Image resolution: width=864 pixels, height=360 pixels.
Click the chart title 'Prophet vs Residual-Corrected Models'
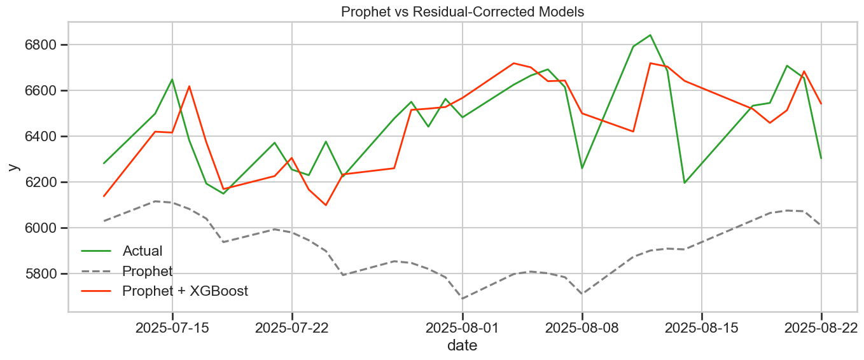(x=462, y=11)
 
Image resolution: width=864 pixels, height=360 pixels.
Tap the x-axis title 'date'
(x=462, y=346)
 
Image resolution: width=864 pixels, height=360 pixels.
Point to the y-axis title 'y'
(x=13, y=167)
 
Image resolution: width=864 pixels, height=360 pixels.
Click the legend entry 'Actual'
(x=143, y=251)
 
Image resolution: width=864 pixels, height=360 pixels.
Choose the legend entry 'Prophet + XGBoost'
(x=185, y=291)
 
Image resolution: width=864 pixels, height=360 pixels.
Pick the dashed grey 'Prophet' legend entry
(x=147, y=272)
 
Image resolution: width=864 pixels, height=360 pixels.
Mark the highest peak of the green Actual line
(x=650, y=35)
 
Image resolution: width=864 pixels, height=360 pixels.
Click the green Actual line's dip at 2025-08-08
(x=582, y=168)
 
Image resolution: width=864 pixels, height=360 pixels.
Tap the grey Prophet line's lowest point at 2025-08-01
(x=463, y=298)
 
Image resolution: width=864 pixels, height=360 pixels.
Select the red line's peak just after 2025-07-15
(x=189, y=86)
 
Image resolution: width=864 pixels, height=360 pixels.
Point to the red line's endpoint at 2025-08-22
(x=821, y=104)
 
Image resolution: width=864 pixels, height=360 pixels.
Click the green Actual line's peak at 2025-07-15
(x=172, y=80)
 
